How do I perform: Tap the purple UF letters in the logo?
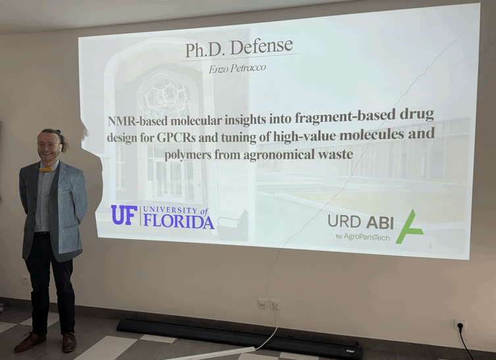(124, 215)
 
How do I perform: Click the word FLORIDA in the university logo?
(178, 222)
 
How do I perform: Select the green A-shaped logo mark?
(409, 226)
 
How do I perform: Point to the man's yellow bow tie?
(46, 169)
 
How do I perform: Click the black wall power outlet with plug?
(459, 326)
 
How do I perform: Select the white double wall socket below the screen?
(268, 303)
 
